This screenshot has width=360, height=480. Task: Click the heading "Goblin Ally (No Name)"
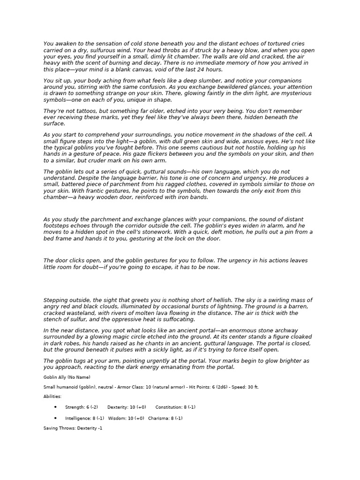(x=67, y=377)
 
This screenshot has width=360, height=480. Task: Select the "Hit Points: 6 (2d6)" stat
(x=206, y=387)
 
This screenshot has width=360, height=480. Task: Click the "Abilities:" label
(x=52, y=397)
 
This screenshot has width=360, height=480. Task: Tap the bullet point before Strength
(x=56, y=407)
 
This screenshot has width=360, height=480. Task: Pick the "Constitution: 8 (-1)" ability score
(x=175, y=407)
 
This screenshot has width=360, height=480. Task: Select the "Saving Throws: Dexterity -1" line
(x=70, y=428)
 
